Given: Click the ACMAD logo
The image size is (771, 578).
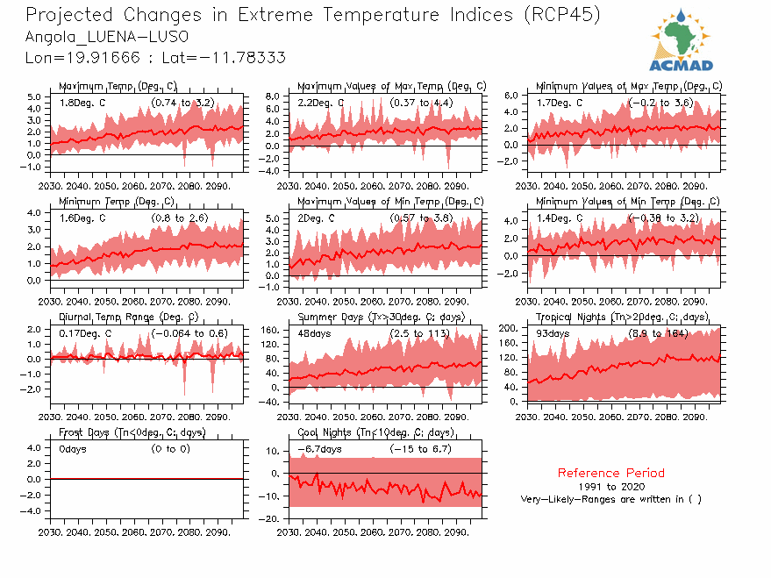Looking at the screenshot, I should coord(681,39).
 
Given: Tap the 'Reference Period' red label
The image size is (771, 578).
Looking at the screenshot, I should coord(610,473).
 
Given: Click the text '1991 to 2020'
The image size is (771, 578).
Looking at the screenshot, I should coord(610,486).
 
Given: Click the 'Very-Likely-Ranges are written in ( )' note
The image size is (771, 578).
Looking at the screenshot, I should coord(610,499).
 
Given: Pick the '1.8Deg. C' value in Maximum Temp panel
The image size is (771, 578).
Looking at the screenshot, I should coord(82,103).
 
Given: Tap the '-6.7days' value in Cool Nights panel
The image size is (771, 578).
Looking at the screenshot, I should coord(319,449).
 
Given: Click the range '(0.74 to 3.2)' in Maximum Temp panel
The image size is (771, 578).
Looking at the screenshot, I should coord(182,103).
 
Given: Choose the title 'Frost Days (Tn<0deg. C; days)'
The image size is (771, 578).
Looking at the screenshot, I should coord(132,432).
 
